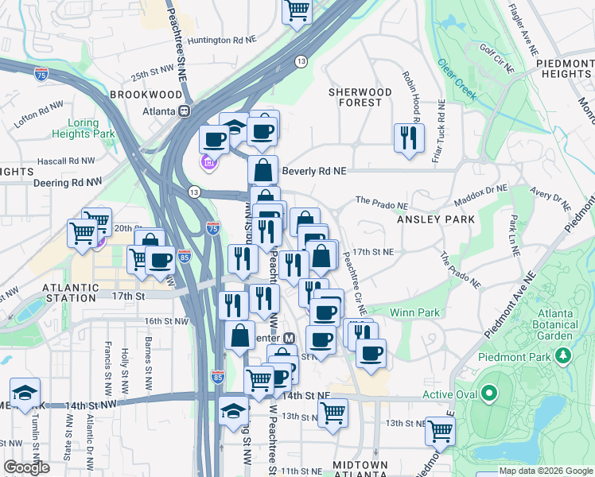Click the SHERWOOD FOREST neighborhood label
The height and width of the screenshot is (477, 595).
coord(360,97)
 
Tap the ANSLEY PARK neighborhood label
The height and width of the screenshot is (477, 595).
coord(436,219)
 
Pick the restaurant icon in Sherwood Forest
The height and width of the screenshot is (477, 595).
coord(408,137)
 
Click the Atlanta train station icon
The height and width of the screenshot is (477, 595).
coord(184,111)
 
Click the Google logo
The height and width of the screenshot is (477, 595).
coord(26,467)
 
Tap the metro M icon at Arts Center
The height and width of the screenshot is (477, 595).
coord(290,337)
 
